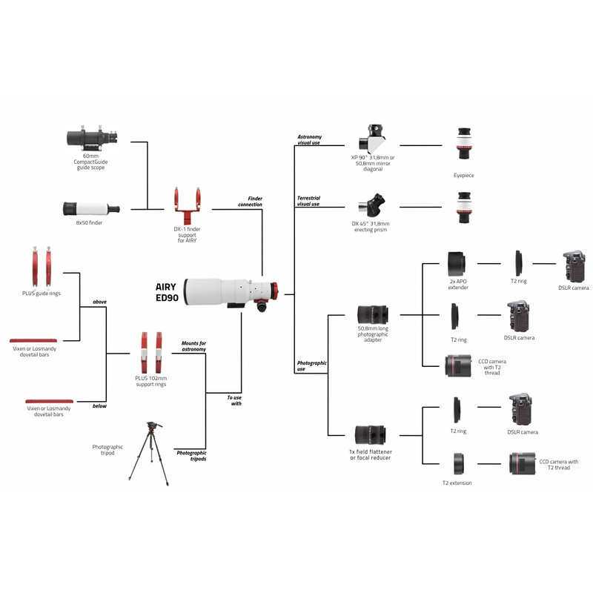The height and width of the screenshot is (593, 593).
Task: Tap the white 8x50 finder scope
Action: tap(91, 208)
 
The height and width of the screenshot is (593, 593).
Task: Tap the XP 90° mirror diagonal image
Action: tap(375, 140)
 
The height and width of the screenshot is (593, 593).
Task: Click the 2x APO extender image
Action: tap(456, 263)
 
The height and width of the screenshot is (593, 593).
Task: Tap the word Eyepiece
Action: tap(464, 176)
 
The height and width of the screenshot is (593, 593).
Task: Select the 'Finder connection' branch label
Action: tap(250, 202)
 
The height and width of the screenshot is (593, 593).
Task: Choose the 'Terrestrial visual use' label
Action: tap(308, 201)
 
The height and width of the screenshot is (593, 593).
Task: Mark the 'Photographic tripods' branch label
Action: tap(191, 455)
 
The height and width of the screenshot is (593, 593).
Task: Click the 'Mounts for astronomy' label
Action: tap(193, 347)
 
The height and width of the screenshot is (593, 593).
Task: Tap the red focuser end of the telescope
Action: tap(273, 291)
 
